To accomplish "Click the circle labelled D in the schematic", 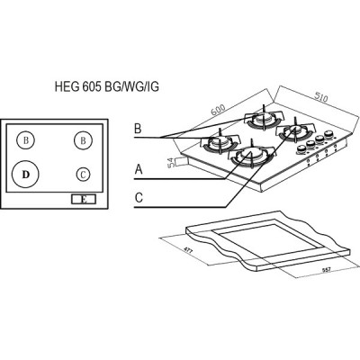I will pos(26,171).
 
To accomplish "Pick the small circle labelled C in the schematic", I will pos(82,174).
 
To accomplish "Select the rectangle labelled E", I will pos(84,200).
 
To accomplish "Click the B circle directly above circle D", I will pos(27,139).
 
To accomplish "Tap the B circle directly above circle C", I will pos(82,139).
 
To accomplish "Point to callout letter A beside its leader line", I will pos(139,167).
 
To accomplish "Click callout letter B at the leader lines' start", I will pos(138,130).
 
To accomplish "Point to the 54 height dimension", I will pos(171,163).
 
